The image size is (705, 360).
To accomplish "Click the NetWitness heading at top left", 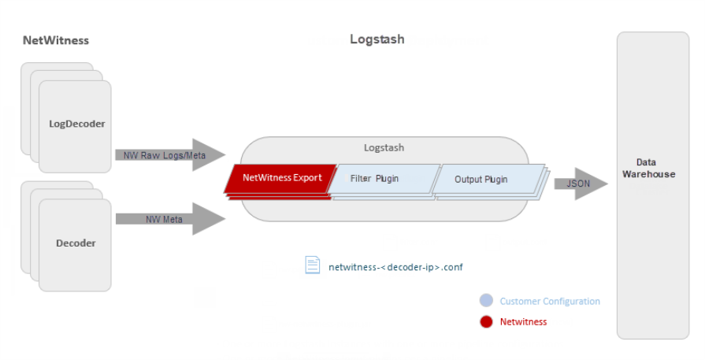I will [x=56, y=40].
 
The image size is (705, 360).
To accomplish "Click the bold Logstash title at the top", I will [x=377, y=39].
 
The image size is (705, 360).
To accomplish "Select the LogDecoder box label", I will [x=76, y=124].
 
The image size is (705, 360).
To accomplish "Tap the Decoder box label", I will [x=76, y=243].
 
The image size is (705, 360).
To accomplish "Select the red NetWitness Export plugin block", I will [x=281, y=178].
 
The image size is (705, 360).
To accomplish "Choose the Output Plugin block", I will [x=481, y=180].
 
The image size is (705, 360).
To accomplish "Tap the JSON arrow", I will [x=580, y=184].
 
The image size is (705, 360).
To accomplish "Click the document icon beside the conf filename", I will [x=313, y=265].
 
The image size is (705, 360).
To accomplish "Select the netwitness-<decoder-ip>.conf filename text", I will [x=395, y=267].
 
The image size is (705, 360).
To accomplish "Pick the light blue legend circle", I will [x=486, y=301].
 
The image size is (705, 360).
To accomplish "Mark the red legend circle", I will [x=486, y=321].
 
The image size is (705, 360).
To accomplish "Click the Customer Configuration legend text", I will [x=550, y=301].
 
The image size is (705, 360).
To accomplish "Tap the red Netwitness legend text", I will [x=523, y=321].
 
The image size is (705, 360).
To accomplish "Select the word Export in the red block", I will [x=307, y=178].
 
